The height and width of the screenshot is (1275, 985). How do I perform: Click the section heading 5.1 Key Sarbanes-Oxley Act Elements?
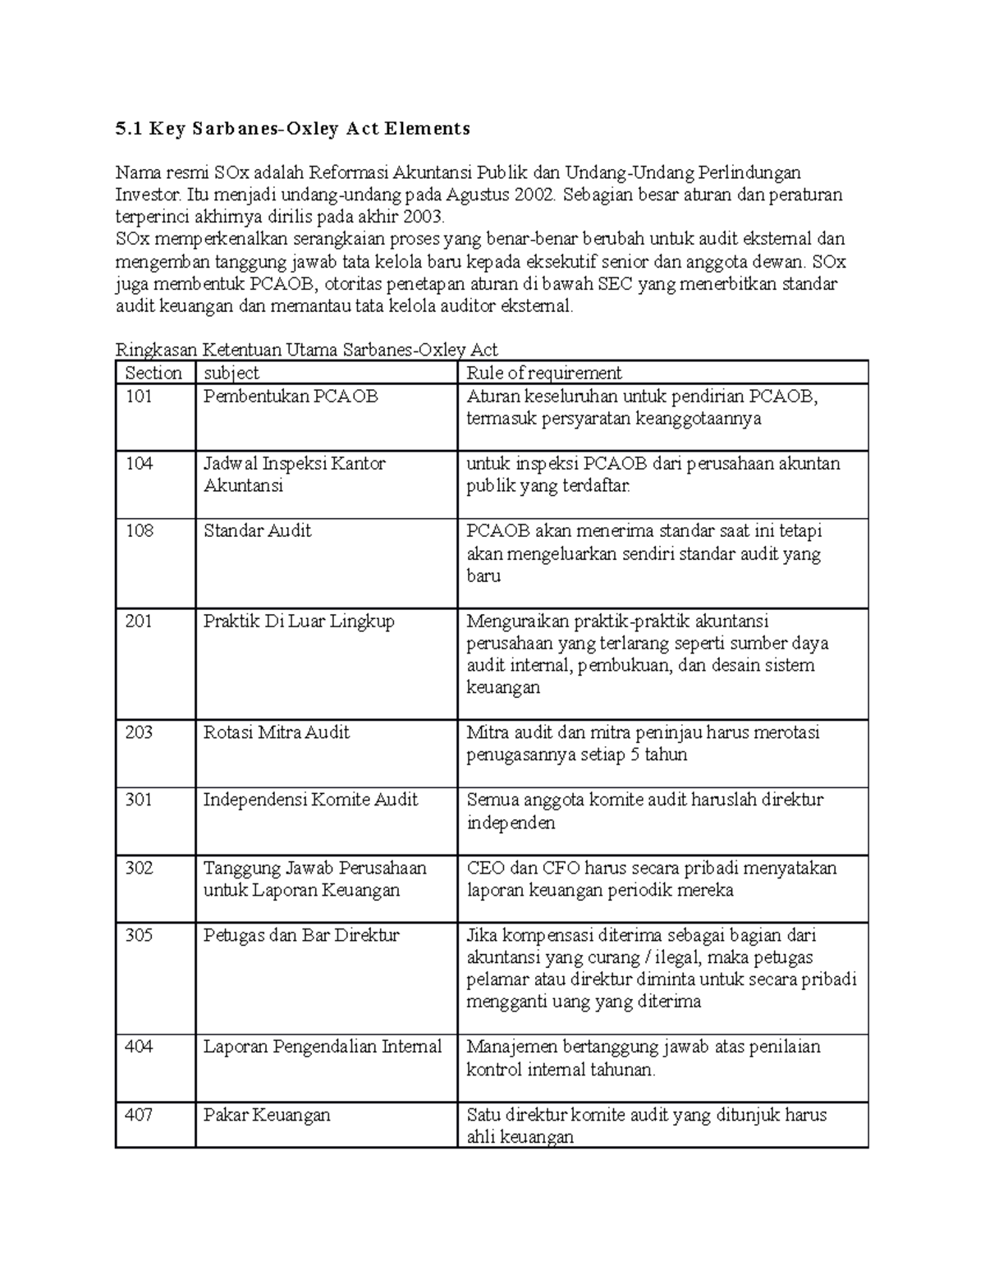(292, 128)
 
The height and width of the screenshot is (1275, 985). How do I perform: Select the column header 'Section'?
(153, 373)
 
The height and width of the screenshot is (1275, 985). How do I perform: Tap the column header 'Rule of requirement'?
(543, 373)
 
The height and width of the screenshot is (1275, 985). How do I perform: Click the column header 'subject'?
(231, 373)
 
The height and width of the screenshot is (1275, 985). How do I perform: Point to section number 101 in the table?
(139, 397)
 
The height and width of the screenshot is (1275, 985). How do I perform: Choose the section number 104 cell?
(140, 464)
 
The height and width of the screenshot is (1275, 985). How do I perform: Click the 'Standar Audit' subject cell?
(257, 531)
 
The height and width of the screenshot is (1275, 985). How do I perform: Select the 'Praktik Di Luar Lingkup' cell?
(299, 621)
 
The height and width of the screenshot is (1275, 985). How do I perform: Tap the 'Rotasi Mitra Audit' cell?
(276, 732)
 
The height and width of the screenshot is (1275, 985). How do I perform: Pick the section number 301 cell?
(139, 800)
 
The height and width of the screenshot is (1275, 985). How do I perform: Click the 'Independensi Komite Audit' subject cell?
(310, 800)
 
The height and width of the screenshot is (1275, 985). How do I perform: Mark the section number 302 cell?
(139, 868)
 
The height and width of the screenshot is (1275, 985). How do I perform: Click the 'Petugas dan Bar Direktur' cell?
(300, 935)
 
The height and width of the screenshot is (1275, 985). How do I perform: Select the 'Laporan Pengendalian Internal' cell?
(322, 1047)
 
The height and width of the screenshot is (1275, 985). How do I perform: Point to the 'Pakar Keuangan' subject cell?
(266, 1115)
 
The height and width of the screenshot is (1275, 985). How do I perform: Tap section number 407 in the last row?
(139, 1115)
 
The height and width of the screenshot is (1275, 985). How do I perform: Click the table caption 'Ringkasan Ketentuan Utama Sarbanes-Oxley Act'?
(306, 350)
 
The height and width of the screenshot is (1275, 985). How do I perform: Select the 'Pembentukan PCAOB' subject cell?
(291, 397)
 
